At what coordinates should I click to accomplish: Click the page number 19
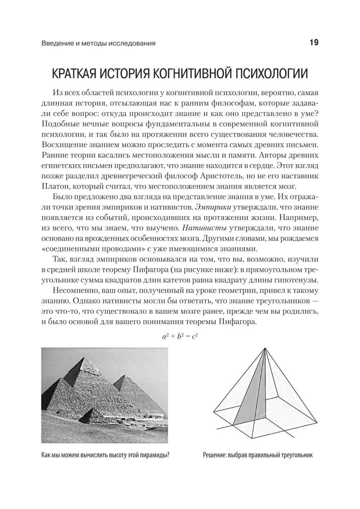click(314, 43)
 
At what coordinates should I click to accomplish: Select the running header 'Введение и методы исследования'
click(98, 44)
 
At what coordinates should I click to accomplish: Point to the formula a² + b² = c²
click(180, 336)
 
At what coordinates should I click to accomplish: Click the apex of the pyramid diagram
click(265, 348)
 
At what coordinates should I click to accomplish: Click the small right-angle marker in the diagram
click(264, 417)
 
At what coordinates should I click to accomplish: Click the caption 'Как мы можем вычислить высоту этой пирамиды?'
click(105, 455)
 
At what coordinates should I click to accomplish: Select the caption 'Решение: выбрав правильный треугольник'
click(258, 455)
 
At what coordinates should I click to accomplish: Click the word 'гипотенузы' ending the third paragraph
click(296, 280)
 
